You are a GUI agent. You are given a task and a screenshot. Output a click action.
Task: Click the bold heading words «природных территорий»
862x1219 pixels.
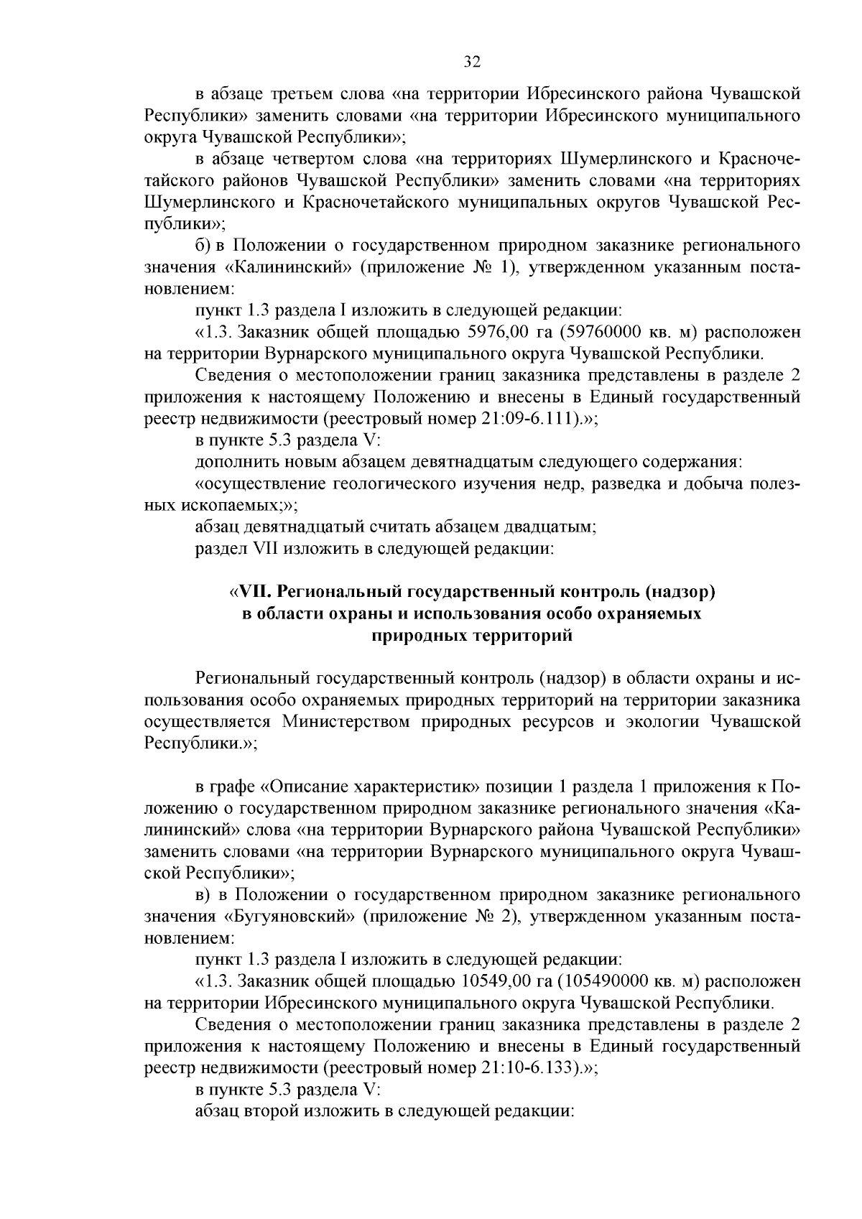(x=471, y=636)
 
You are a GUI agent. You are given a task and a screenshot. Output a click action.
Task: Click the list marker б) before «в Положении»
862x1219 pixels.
(x=202, y=246)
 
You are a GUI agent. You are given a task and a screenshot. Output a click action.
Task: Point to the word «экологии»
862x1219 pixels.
(x=657, y=721)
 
